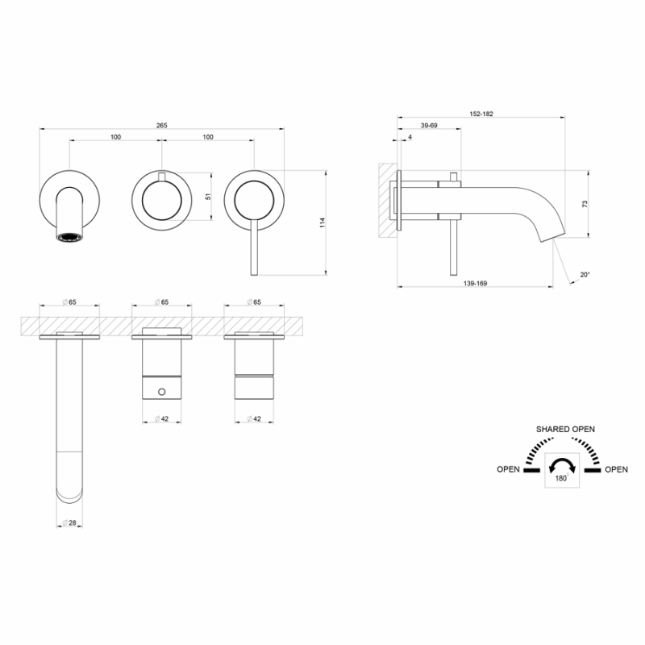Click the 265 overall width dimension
point(162,126)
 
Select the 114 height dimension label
point(322,223)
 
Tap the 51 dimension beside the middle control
point(208,197)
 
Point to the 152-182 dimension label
point(481,114)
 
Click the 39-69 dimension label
point(429,126)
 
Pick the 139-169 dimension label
point(475,284)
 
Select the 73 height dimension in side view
point(585,204)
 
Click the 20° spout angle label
point(585,274)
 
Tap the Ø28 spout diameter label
point(69,522)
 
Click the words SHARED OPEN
point(565,429)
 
